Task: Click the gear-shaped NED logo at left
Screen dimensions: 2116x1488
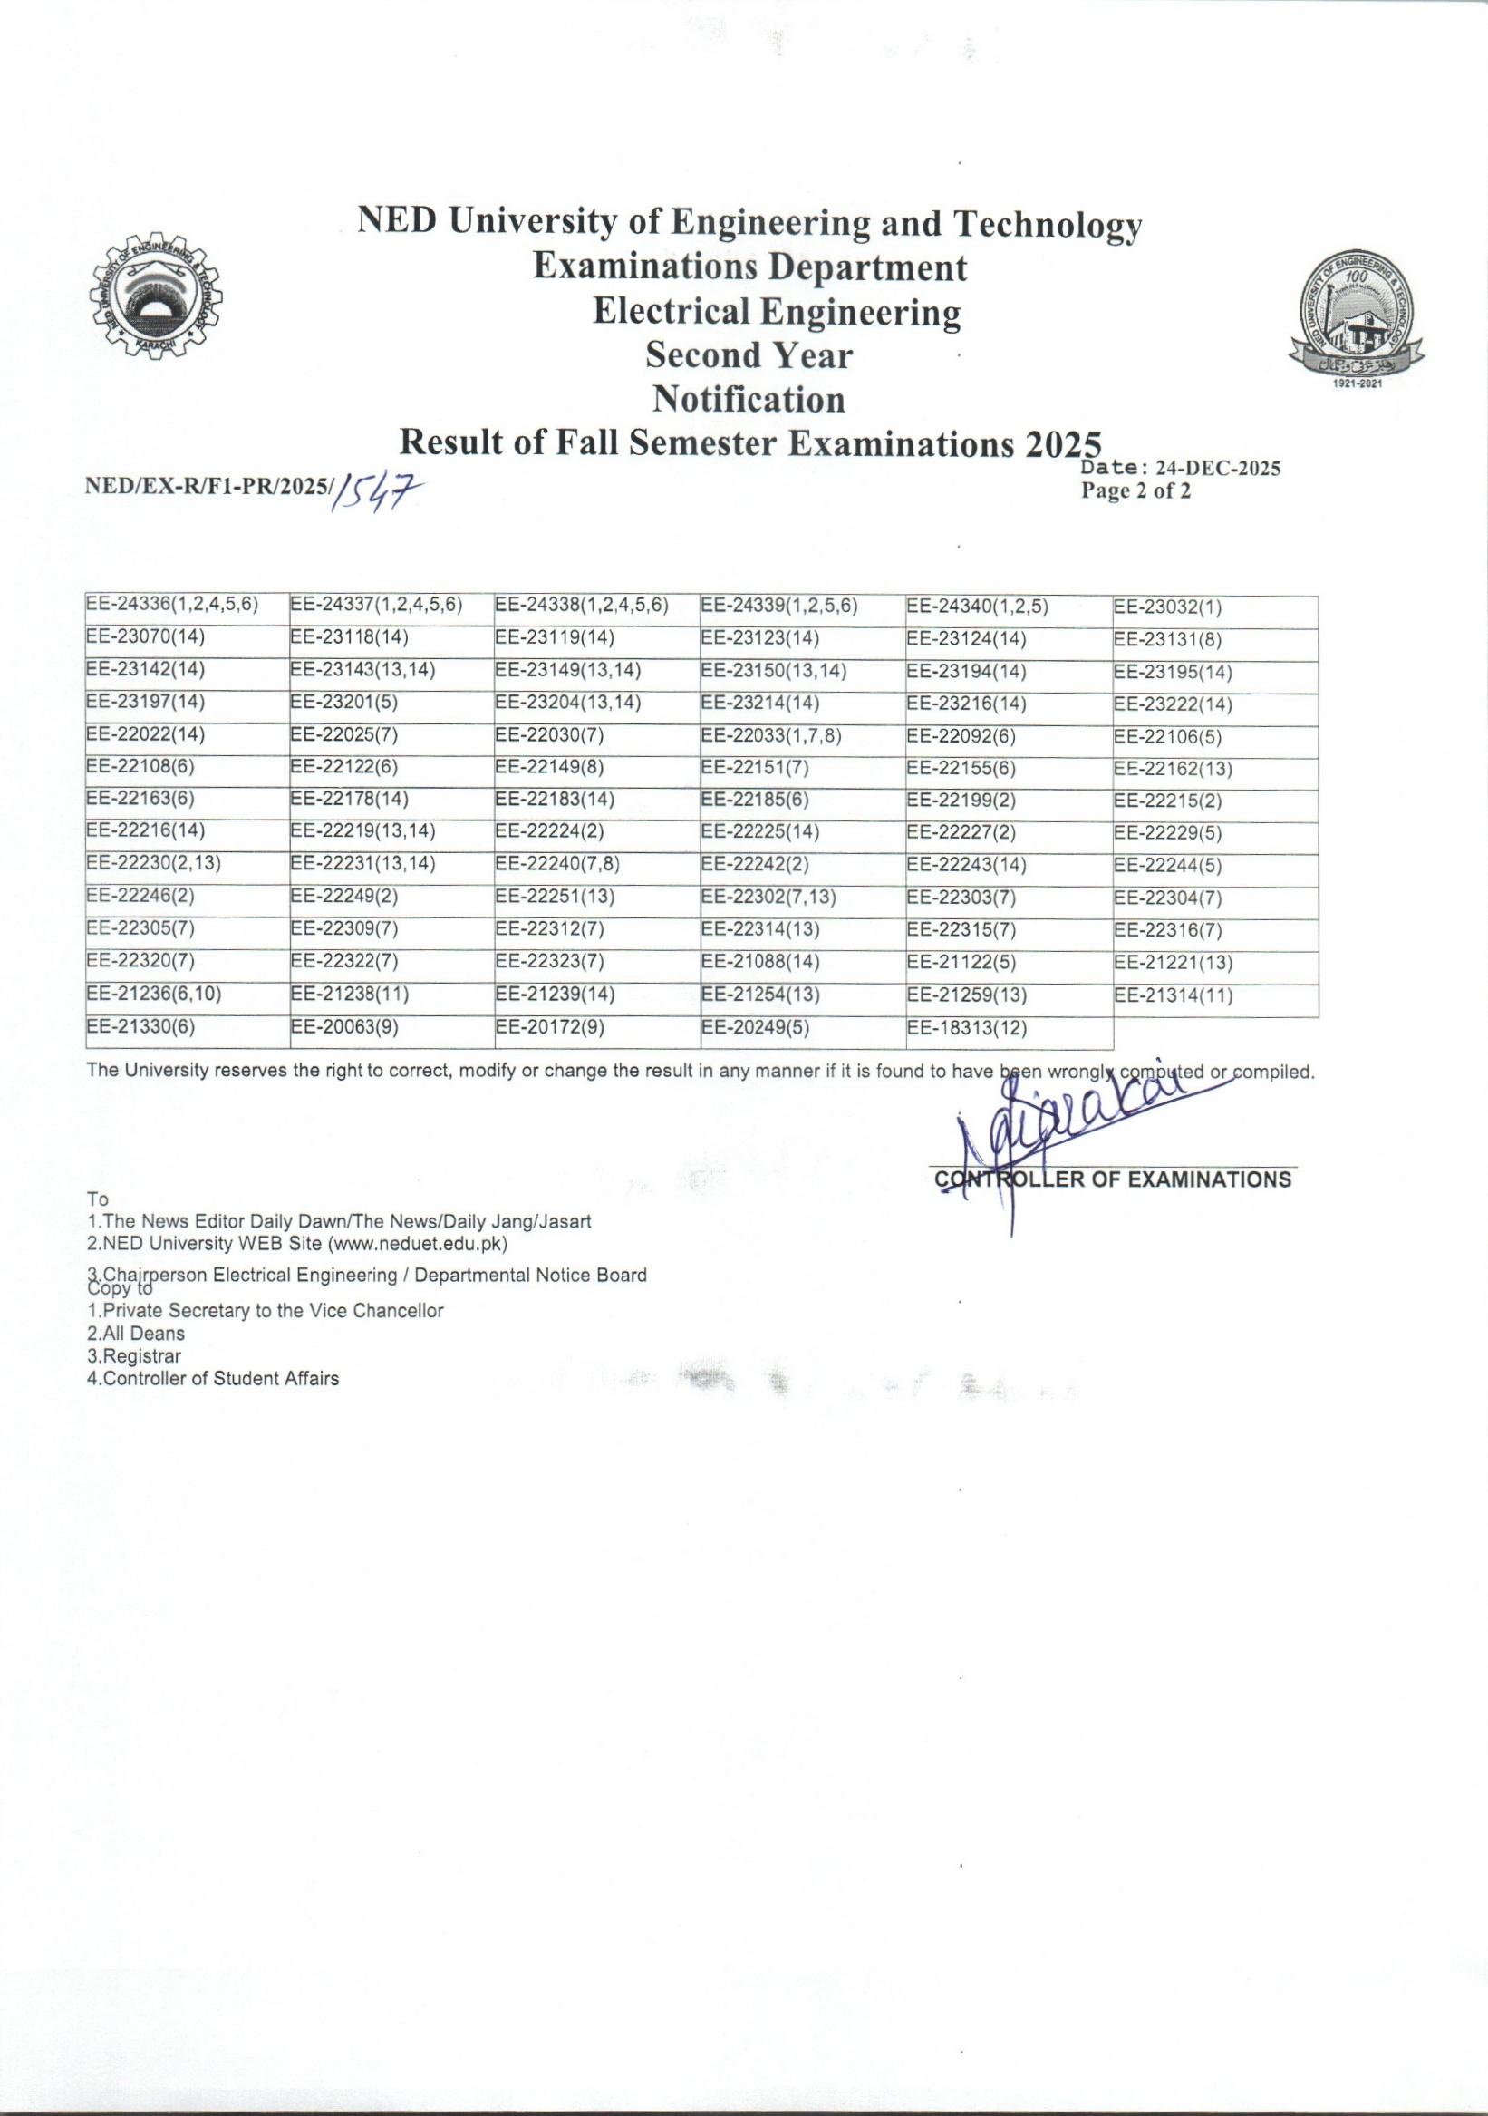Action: [x=156, y=299]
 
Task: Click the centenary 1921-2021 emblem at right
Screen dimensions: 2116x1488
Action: [x=1357, y=322]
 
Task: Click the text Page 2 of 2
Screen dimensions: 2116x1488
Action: [x=1136, y=491]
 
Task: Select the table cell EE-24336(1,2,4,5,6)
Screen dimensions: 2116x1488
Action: [x=171, y=606]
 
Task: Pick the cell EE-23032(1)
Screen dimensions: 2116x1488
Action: [x=1167, y=607]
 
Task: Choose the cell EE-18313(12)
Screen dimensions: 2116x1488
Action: [x=967, y=1027]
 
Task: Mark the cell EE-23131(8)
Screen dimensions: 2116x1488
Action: [x=1167, y=639]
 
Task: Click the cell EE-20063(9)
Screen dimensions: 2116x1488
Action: [x=344, y=1027]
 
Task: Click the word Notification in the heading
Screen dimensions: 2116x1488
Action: [x=749, y=399]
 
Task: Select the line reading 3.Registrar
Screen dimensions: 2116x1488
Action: [x=133, y=1356]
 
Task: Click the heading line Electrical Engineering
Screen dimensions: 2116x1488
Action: [x=776, y=312]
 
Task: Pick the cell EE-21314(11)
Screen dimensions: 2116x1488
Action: [x=1173, y=996]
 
